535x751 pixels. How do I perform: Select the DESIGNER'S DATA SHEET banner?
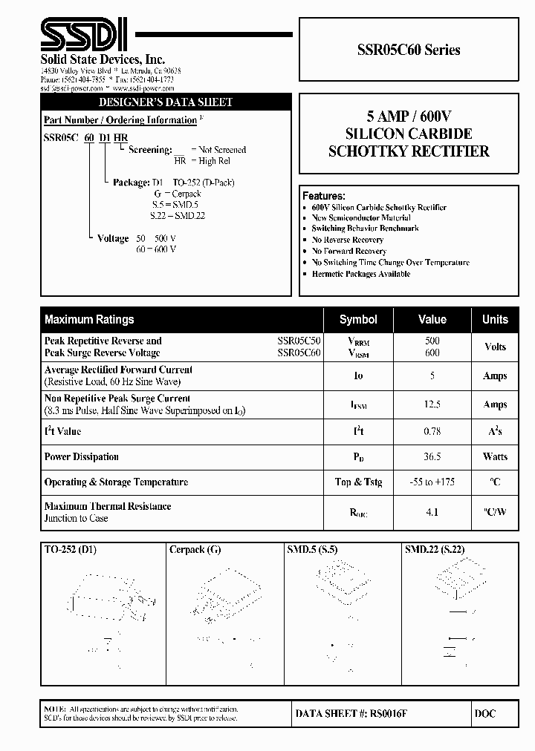pos(166,102)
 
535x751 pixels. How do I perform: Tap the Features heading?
pos(324,196)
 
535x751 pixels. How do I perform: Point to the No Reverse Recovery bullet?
pos(348,240)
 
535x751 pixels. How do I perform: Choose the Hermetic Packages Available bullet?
pos(361,274)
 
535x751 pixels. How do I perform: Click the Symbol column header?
pos(358,320)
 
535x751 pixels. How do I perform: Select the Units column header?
pos(495,320)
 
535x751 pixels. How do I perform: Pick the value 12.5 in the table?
pos(432,404)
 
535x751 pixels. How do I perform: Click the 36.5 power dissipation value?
pos(432,457)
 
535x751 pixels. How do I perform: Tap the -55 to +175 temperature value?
pos(432,482)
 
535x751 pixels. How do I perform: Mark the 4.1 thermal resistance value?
pos(432,512)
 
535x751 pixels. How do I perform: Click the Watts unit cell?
pos(495,457)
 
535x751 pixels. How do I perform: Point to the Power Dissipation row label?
pos(82,457)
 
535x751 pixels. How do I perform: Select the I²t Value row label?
pos(63,431)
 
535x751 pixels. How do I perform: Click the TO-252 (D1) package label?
pos(71,551)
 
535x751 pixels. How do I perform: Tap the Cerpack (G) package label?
pos(195,551)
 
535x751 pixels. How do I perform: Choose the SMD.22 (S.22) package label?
pos(435,551)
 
